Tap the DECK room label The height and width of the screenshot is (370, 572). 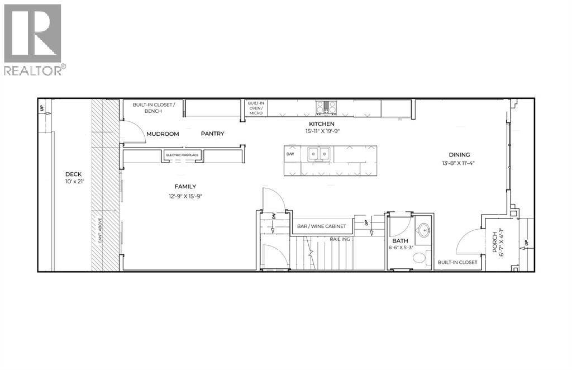[x=74, y=174]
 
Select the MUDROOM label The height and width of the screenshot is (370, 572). [x=163, y=134]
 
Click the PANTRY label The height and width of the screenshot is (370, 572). [x=212, y=134]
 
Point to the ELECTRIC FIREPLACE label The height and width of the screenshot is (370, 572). [x=182, y=155]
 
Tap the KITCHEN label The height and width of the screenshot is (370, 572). [x=322, y=124]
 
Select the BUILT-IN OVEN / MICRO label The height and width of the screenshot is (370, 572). [x=256, y=108]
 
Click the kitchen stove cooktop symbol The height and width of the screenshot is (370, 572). [x=326, y=106]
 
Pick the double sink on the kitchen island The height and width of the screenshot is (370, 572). [x=318, y=153]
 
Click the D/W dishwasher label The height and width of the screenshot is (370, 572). [x=290, y=153]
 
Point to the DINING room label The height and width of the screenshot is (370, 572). [x=459, y=155]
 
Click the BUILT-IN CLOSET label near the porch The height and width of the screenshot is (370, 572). [x=457, y=262]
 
